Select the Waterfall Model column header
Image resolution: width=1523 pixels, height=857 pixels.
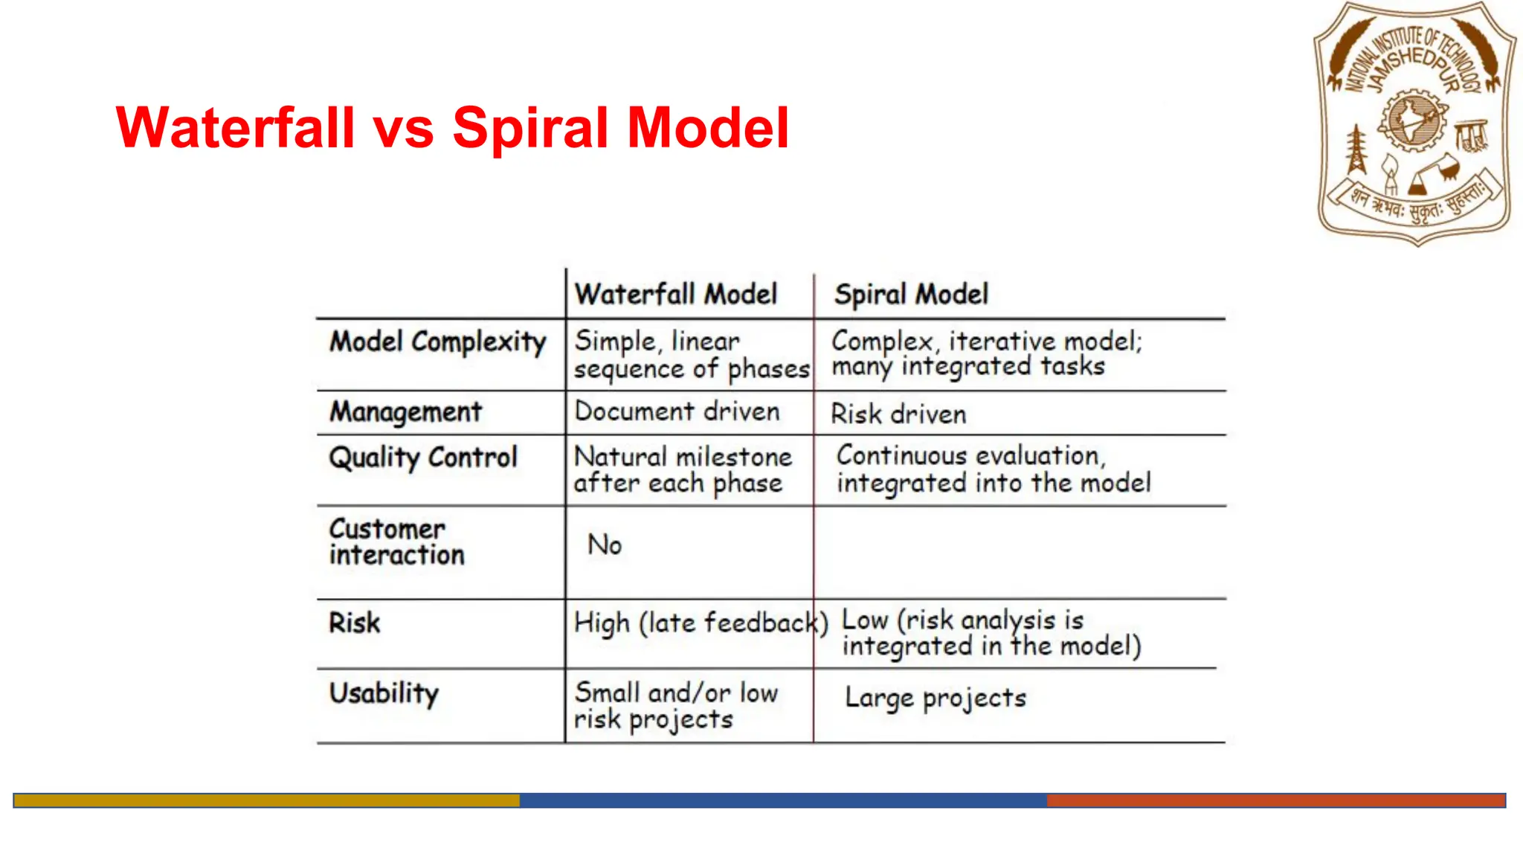[x=675, y=294]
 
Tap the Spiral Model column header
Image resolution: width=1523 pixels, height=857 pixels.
[x=911, y=294]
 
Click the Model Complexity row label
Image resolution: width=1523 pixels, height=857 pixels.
[x=437, y=341]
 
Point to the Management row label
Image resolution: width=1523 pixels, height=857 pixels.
[x=405, y=412]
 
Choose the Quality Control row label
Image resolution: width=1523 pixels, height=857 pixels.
[x=422, y=458]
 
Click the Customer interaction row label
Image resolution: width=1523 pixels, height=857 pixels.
[x=396, y=542]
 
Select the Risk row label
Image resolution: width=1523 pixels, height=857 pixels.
[x=354, y=623]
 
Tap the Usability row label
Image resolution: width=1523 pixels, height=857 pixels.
[x=384, y=693]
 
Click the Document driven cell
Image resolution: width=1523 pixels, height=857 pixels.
[x=677, y=411]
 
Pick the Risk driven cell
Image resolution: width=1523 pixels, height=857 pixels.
[x=898, y=414]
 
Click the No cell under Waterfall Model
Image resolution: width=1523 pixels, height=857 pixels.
[x=604, y=545]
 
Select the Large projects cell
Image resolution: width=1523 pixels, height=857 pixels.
[x=935, y=698]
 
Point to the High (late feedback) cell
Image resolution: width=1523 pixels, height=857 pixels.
[x=699, y=623]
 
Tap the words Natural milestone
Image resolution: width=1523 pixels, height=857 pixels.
[x=683, y=456]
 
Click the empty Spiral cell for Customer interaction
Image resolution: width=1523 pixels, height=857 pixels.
[x=1019, y=552]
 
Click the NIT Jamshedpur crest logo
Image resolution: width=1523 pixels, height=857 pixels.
[x=1415, y=123]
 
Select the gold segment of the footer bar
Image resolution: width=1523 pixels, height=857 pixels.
[x=266, y=800]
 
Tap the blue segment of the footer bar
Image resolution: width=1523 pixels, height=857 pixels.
[x=782, y=800]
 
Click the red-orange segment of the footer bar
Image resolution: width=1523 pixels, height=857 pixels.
[x=1275, y=800]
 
